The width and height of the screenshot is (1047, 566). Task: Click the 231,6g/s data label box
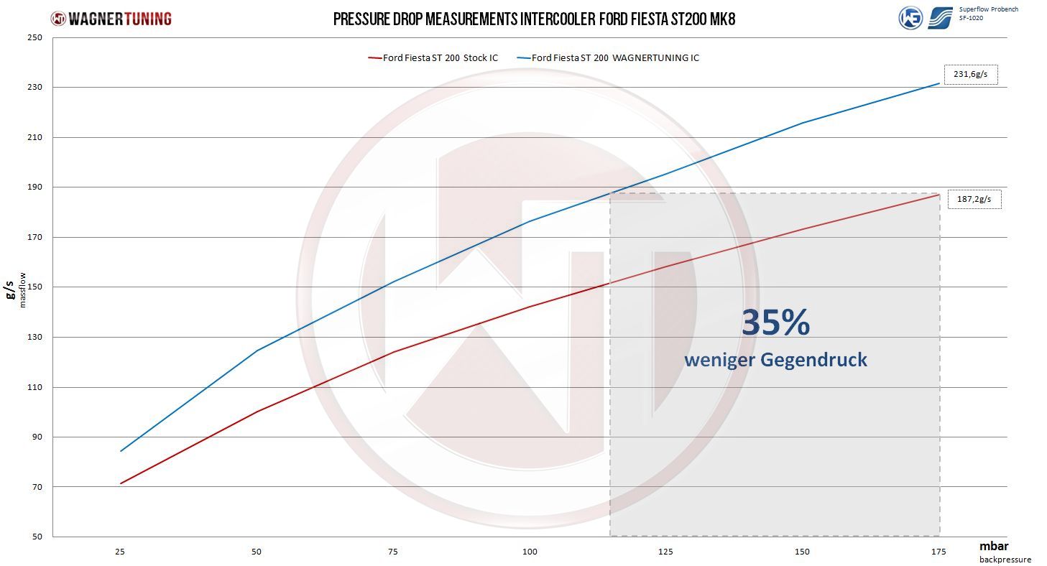point(971,75)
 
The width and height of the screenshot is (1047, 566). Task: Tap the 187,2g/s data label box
point(974,199)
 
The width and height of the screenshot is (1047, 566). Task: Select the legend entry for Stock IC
point(433,58)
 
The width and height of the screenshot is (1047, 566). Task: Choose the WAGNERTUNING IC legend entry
point(608,58)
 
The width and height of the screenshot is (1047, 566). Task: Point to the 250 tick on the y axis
point(34,37)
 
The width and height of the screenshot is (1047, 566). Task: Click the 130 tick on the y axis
point(34,337)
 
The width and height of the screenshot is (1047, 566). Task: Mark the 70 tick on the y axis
point(37,487)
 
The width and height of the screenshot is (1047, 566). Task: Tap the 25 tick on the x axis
point(120,552)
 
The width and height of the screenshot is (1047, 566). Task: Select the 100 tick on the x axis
point(530,552)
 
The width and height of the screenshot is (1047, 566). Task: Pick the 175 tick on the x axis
point(938,552)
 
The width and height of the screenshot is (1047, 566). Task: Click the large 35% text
point(776,323)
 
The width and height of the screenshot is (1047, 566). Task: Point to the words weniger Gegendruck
point(776,360)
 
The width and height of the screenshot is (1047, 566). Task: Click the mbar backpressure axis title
point(1005,552)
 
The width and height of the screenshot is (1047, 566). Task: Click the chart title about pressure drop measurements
point(534,19)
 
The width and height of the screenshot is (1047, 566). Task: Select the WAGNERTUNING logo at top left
point(111,19)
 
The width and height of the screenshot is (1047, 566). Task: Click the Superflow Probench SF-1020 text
point(989,14)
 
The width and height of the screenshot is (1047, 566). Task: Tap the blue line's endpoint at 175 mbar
point(939,83)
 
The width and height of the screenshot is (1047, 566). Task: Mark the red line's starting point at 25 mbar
point(121,483)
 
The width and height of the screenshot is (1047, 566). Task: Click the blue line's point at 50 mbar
point(257,350)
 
